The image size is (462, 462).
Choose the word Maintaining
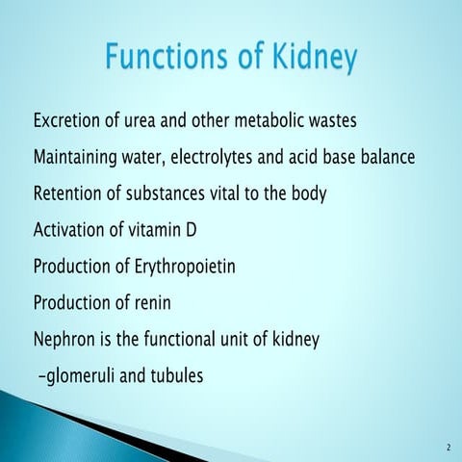click(80, 158)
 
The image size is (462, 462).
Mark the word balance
click(385, 158)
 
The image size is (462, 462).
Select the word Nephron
click(64, 340)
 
